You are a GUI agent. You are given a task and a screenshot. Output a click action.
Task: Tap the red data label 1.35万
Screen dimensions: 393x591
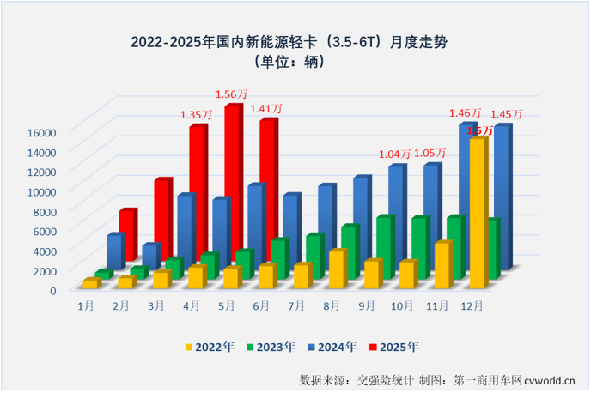(x=197, y=113)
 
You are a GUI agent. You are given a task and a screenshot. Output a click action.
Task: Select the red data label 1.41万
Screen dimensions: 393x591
(x=266, y=108)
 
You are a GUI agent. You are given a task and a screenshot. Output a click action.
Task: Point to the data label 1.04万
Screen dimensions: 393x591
(x=395, y=154)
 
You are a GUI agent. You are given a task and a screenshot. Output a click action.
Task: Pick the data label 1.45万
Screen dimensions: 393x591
(x=506, y=114)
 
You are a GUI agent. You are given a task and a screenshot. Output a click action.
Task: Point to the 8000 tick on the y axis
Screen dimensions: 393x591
(x=44, y=211)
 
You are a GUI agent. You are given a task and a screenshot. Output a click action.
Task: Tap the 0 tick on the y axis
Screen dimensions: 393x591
(x=52, y=291)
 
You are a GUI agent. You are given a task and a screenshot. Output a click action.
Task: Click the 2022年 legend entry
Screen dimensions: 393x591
(x=210, y=347)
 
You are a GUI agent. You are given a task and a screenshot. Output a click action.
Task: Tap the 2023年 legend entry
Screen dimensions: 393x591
(x=271, y=347)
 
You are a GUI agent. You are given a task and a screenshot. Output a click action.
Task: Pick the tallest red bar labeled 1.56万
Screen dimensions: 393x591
(x=232, y=180)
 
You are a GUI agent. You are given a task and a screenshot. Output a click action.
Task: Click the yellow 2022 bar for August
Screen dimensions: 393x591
(x=337, y=269)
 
